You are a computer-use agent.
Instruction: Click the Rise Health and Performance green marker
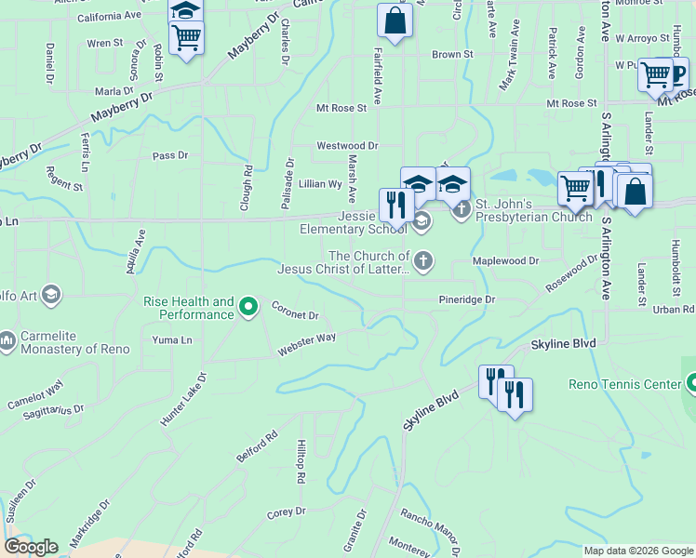tap(248, 305)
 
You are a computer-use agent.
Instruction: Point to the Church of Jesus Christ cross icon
tap(423, 261)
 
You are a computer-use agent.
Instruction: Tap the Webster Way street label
tap(306, 344)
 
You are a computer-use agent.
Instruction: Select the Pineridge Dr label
tap(467, 300)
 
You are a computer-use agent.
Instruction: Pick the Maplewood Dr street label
tap(505, 262)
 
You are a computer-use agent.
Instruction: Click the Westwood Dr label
tap(347, 146)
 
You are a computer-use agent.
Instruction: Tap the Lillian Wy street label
tap(320, 184)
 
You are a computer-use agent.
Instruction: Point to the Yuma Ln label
tap(172, 340)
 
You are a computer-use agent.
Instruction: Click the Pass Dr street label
tap(170, 155)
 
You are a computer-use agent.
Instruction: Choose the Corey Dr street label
tap(280, 512)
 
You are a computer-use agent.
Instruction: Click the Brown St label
tap(452, 55)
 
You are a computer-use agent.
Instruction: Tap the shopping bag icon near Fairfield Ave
tap(395, 20)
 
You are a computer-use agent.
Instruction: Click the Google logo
tap(31, 547)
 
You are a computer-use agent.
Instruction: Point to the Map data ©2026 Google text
tap(637, 551)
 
